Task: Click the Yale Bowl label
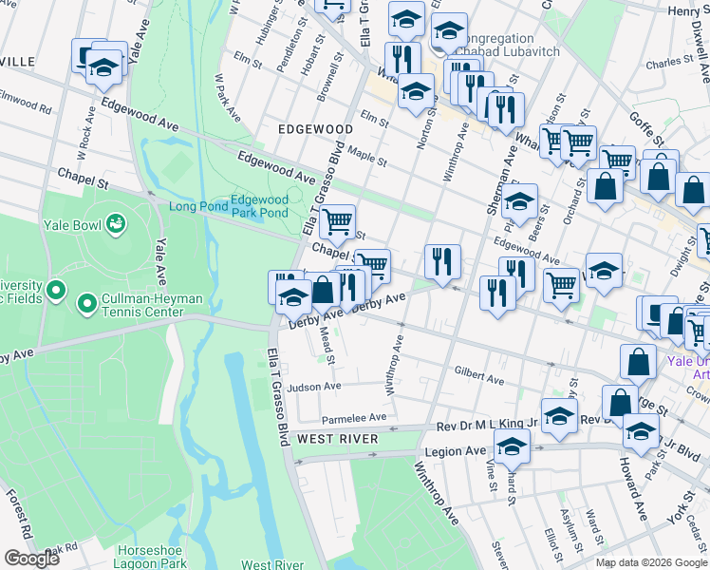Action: pos(72,225)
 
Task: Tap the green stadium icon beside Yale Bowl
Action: pos(116,225)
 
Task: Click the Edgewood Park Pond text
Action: pos(260,206)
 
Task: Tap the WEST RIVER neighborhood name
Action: pos(339,439)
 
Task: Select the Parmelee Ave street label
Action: pos(354,417)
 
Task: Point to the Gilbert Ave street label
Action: pos(478,375)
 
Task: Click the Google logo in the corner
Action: pos(31,559)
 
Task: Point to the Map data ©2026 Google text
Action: pos(650,562)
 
